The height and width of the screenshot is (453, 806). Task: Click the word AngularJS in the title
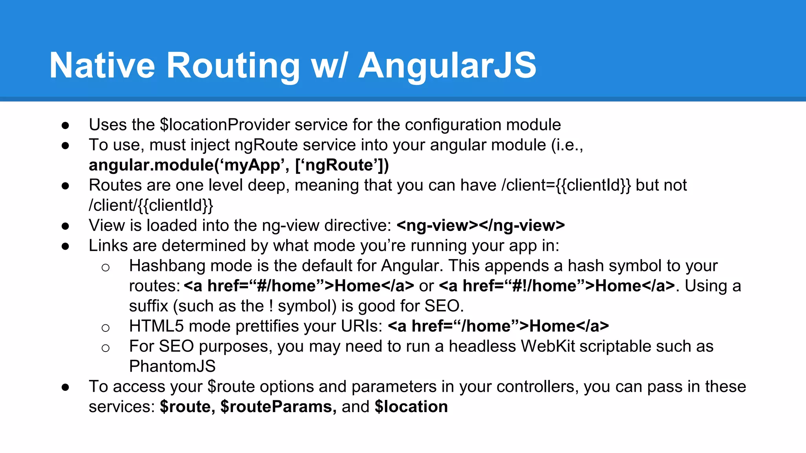point(447,65)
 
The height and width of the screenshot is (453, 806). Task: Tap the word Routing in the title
point(233,65)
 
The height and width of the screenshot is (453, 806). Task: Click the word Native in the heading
point(102,65)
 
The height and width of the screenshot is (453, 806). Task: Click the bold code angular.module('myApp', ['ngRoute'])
point(238,165)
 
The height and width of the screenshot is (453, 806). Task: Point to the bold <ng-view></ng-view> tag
point(481,225)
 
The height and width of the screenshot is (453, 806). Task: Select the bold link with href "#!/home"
point(557,286)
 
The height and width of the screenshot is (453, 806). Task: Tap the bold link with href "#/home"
point(299,286)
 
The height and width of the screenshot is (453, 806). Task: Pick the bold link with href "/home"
point(498,326)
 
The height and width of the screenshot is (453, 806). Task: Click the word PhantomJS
point(172,366)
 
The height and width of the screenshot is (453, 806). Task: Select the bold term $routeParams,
point(278,407)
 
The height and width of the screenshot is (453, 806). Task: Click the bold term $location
point(411,407)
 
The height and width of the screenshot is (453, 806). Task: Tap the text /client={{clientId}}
point(566,185)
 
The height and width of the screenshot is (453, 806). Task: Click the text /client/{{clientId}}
point(151,205)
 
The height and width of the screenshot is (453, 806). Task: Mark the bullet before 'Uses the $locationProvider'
point(65,125)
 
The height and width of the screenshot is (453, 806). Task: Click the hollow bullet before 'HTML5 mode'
point(105,328)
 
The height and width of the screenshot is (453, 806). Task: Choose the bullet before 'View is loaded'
point(65,226)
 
